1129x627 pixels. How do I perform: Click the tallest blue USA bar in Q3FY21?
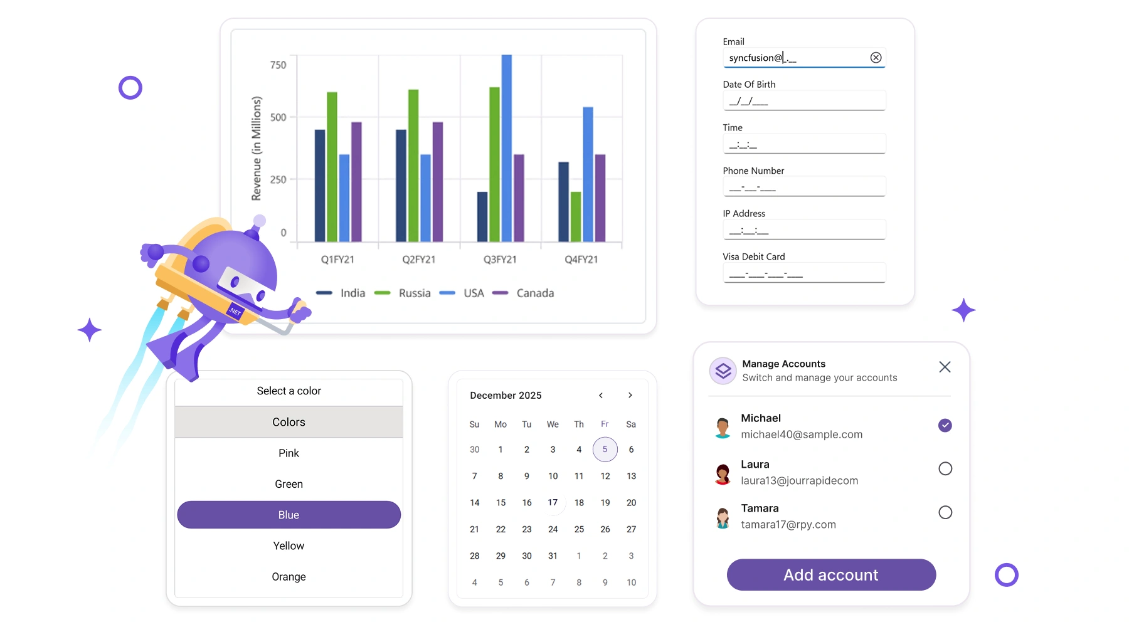pyautogui.click(x=507, y=148)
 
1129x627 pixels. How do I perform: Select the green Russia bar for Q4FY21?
pyautogui.click(x=576, y=217)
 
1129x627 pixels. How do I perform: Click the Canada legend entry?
pyautogui.click(x=524, y=293)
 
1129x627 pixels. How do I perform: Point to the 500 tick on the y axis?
pyautogui.click(x=278, y=117)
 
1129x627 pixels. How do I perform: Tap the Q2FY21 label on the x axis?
pyautogui.click(x=419, y=260)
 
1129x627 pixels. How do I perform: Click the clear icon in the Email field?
pyautogui.click(x=876, y=58)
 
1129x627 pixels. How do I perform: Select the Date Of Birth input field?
pyautogui.click(x=804, y=100)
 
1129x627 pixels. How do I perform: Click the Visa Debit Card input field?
pyautogui.click(x=804, y=273)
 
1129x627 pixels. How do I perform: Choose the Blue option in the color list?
pyautogui.click(x=289, y=515)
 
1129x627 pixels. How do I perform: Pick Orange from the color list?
pyautogui.click(x=289, y=577)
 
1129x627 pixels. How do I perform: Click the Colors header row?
pyautogui.click(x=289, y=422)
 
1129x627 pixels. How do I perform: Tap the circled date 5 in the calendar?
pyautogui.click(x=605, y=449)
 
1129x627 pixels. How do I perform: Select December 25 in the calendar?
pyautogui.click(x=579, y=529)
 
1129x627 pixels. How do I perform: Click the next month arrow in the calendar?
pyautogui.click(x=630, y=395)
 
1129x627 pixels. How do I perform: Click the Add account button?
pyautogui.click(x=831, y=575)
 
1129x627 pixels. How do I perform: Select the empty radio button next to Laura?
pyautogui.click(x=945, y=468)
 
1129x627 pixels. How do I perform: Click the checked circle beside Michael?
pyautogui.click(x=945, y=425)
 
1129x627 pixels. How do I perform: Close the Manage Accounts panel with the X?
pyautogui.click(x=945, y=367)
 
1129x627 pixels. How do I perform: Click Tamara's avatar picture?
pyautogui.click(x=723, y=517)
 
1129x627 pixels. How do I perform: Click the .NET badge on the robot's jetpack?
pyautogui.click(x=235, y=311)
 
